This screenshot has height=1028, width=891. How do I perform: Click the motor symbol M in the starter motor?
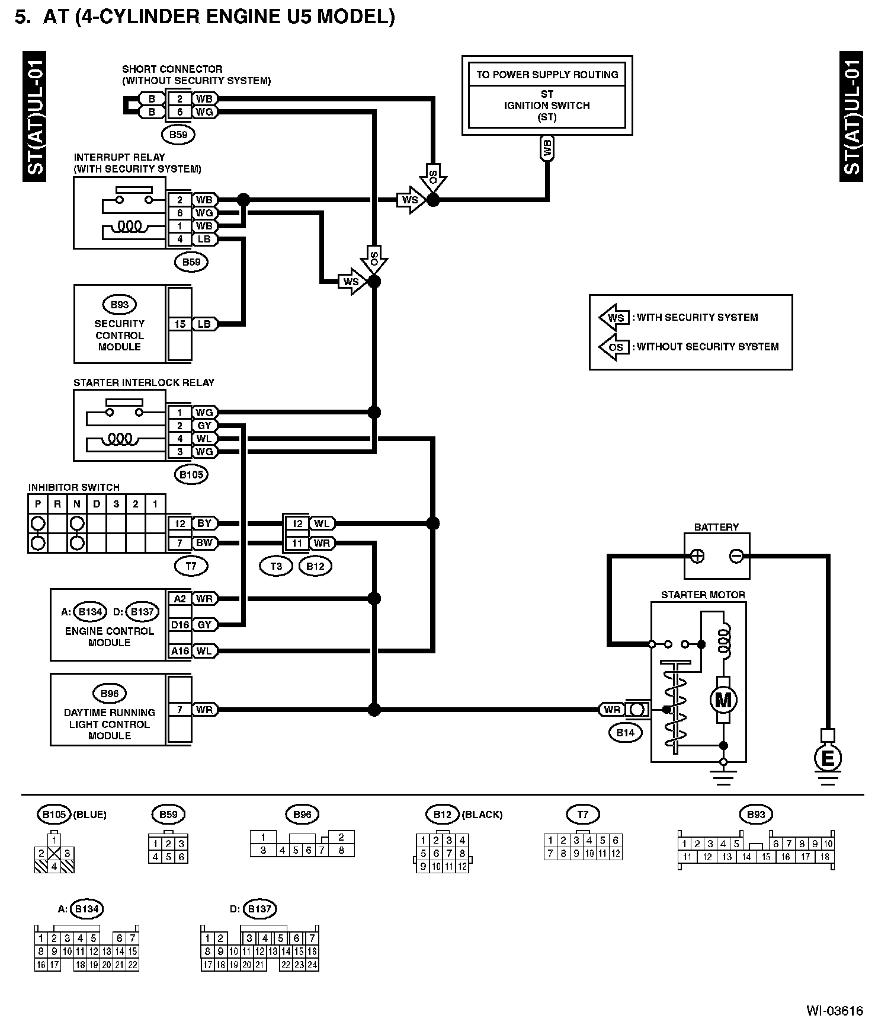(x=723, y=700)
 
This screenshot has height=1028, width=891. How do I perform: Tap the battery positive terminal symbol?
(x=697, y=556)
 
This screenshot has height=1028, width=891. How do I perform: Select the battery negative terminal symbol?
(x=736, y=556)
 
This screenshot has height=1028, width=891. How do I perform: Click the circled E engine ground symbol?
(x=828, y=757)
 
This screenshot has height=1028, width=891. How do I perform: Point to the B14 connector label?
(x=625, y=733)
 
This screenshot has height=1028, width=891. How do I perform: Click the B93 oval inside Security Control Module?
(x=119, y=305)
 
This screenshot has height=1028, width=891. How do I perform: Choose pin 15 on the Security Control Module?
(x=180, y=324)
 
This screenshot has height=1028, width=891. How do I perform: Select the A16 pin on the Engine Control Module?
(x=180, y=651)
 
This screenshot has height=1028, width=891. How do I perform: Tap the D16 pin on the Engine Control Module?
(x=180, y=625)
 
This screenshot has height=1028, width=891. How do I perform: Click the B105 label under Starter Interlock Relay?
(x=191, y=474)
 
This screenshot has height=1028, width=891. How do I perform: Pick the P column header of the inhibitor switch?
(x=38, y=505)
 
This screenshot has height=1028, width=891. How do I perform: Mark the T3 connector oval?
(x=276, y=566)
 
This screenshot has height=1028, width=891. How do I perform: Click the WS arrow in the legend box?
(x=615, y=317)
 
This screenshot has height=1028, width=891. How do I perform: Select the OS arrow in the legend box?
(x=615, y=347)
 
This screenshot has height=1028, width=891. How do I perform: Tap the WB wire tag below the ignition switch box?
(x=547, y=148)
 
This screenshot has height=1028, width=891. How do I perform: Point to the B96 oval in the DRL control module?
(x=110, y=694)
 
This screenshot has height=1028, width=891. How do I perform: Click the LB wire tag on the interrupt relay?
(x=204, y=240)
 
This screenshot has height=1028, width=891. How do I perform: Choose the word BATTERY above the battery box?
(x=716, y=527)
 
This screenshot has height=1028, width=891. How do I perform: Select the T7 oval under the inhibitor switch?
(x=191, y=566)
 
